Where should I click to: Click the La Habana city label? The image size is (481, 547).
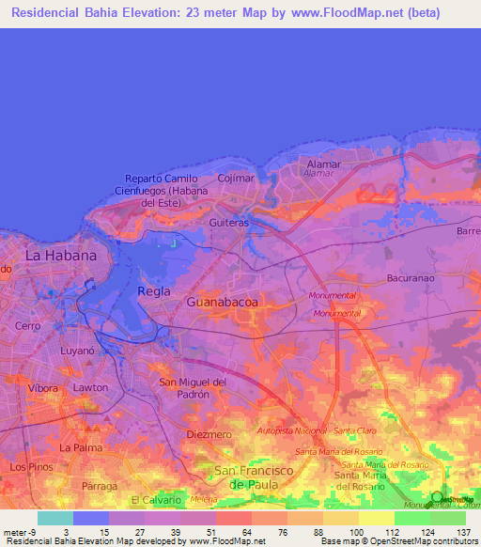61,255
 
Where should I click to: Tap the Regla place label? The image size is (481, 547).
154,290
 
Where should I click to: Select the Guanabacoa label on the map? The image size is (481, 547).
222,303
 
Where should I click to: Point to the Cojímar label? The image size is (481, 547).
235,178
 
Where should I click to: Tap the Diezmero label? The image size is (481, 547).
209,435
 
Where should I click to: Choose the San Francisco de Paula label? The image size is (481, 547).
255,477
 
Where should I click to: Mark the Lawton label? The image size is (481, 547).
90,387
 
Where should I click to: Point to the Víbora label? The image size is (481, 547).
42,387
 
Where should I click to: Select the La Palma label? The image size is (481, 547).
81,447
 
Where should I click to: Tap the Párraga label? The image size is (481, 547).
100,486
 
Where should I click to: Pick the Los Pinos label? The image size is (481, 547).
29,466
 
